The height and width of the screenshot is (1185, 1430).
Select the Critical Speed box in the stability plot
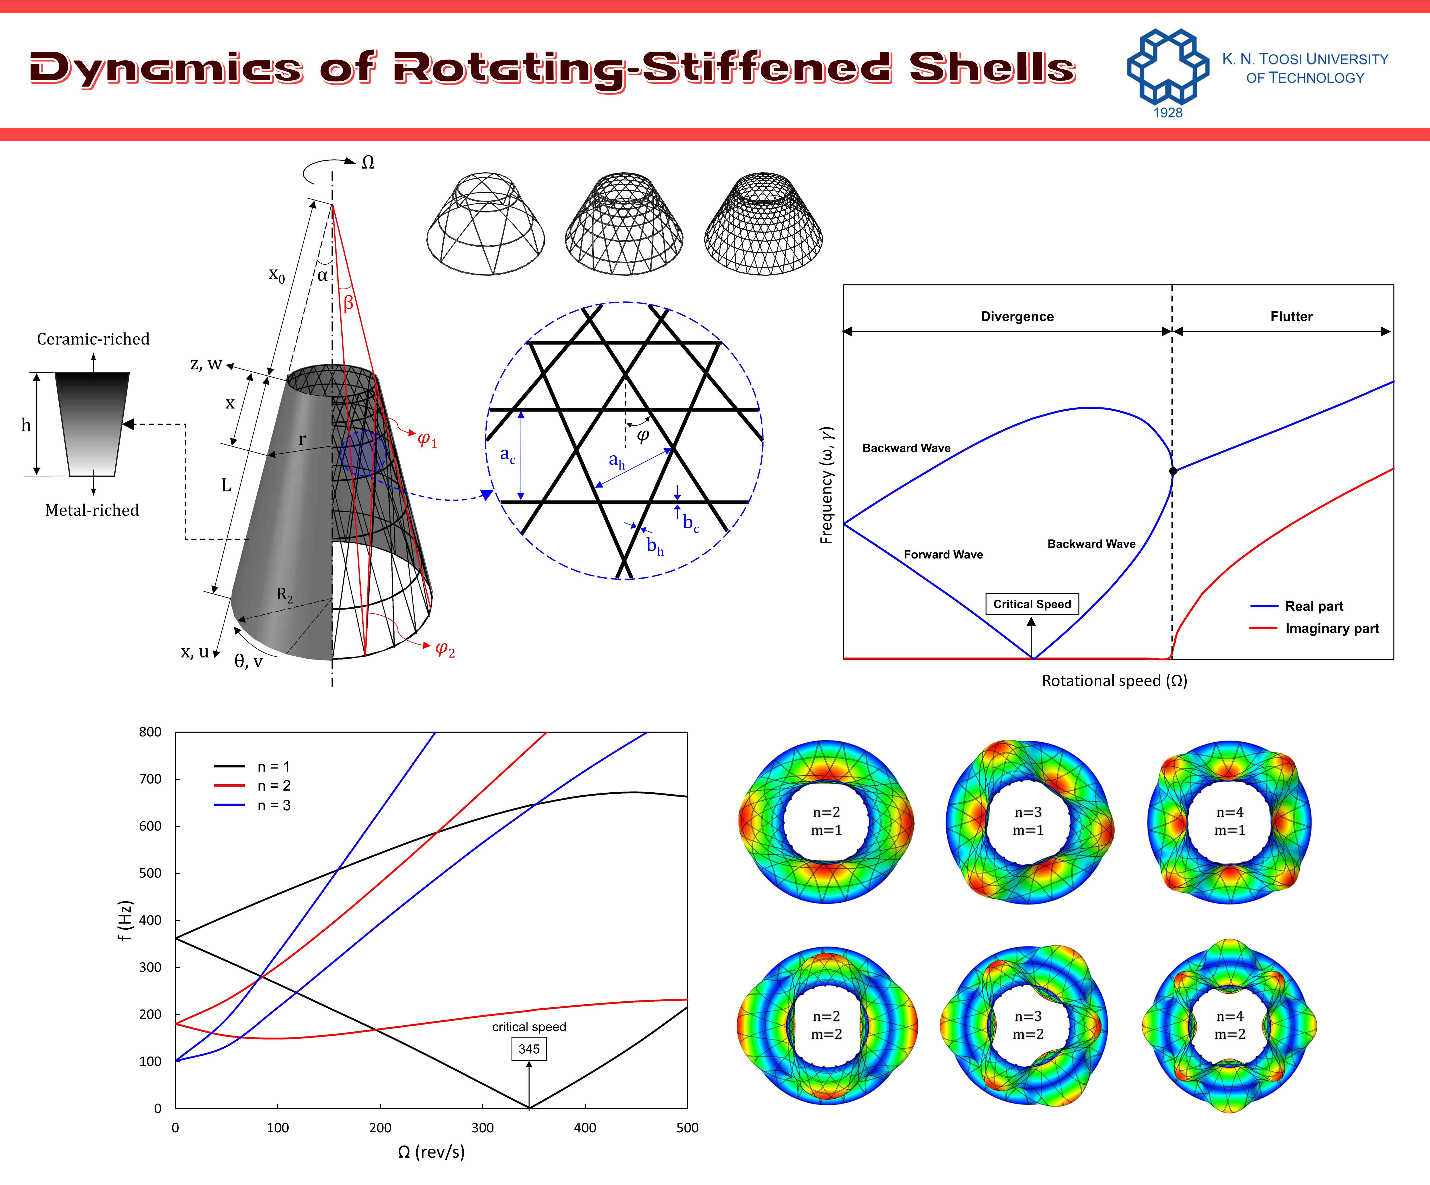(1032, 604)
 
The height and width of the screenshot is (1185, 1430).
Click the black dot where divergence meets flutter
(1173, 471)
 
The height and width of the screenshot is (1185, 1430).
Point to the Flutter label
(1291, 317)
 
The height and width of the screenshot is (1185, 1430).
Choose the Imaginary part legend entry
(1314, 628)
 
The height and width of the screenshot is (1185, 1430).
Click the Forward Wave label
(943, 555)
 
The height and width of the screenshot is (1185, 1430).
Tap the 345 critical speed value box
(529, 1049)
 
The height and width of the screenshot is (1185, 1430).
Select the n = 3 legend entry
(253, 805)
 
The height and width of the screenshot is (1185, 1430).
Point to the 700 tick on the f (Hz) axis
(150, 779)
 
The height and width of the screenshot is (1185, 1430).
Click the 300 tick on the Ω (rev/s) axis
(483, 1128)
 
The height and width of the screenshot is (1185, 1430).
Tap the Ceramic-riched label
(93, 339)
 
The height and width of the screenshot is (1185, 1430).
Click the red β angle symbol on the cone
(348, 303)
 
